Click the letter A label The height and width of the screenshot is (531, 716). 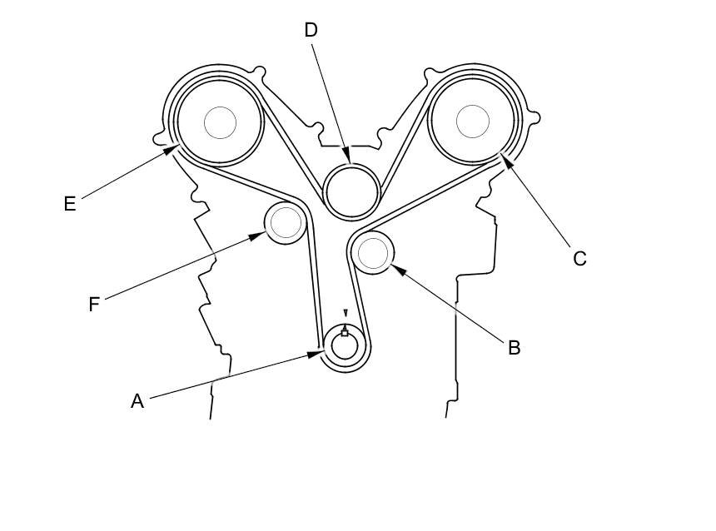137,401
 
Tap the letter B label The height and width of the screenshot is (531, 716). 514,348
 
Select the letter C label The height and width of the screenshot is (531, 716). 579,259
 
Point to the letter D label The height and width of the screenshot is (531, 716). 311,31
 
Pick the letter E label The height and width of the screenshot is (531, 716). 70,204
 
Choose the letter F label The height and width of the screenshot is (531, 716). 94,305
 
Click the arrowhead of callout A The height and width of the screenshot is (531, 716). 321,353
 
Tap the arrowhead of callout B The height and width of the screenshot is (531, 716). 394,266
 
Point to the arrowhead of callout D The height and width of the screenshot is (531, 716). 349,161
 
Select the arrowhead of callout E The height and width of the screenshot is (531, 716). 176,147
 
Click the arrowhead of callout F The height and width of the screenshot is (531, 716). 261,236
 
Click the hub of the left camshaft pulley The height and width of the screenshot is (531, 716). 220,122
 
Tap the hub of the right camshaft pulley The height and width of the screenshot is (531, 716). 472,122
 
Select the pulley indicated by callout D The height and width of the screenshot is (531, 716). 351,191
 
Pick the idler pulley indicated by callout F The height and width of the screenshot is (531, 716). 285,222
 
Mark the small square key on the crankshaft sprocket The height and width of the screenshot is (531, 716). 345,333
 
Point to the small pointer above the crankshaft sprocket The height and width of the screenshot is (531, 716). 346,314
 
